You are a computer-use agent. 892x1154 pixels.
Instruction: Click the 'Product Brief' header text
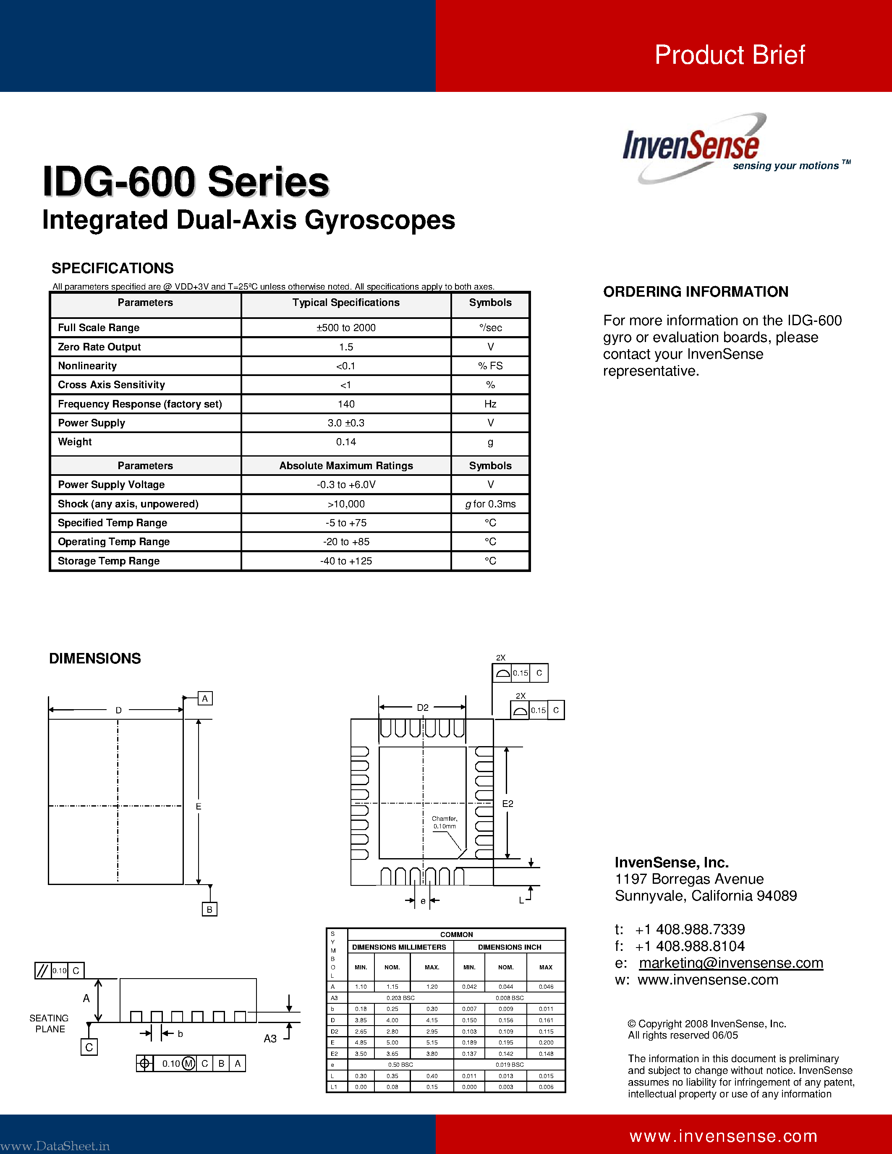(729, 55)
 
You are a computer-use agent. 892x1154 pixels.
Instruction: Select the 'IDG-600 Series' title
(186, 182)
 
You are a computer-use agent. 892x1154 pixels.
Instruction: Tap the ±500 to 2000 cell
(346, 328)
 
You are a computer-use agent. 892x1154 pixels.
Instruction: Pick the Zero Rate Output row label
(99, 347)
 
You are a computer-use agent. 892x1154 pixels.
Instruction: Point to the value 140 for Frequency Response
(346, 404)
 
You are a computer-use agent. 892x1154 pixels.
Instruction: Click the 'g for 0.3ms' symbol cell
(490, 504)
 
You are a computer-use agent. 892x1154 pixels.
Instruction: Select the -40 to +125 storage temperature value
(346, 561)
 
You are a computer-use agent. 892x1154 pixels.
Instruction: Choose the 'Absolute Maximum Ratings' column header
(346, 465)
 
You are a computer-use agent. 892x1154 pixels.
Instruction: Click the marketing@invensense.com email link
(731, 963)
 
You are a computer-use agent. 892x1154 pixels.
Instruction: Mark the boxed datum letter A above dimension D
(205, 699)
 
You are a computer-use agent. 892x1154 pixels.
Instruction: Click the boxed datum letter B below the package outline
(209, 909)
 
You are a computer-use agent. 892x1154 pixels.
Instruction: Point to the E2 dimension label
(507, 804)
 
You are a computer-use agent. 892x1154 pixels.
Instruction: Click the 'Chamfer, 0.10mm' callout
(445, 822)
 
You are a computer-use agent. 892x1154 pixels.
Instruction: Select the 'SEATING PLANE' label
(49, 1023)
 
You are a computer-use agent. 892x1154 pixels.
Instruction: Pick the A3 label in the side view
(270, 1039)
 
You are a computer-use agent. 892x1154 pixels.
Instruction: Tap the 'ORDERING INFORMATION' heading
(696, 292)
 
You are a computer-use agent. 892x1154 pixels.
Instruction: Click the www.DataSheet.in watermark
(55, 1146)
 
